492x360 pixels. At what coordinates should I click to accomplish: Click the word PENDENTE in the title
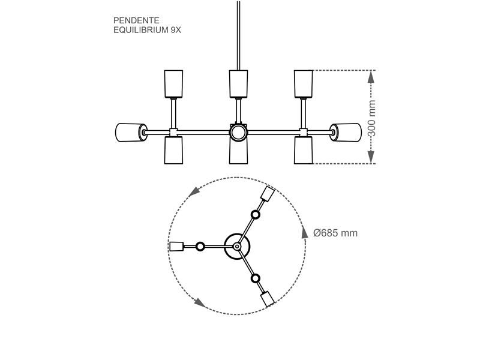point(136,20)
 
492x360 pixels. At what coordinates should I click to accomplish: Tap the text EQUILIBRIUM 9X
point(147,30)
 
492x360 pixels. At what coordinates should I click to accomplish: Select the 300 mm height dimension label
point(371,118)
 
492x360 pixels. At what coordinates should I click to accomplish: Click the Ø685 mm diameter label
point(335,233)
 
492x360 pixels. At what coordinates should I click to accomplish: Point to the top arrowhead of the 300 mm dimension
point(371,76)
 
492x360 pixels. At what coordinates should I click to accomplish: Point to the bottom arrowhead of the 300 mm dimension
point(371,157)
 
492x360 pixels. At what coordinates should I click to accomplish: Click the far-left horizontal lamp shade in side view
point(131,133)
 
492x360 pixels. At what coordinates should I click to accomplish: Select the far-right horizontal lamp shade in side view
point(346,133)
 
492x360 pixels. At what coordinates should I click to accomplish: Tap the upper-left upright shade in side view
point(173,84)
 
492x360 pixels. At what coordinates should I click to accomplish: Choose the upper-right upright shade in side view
point(303,84)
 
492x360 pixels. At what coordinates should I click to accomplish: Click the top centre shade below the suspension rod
point(238,84)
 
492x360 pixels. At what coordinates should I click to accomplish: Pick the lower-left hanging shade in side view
point(173,150)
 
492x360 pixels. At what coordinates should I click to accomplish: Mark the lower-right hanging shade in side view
point(303,150)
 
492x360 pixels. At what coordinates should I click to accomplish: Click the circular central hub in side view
point(238,133)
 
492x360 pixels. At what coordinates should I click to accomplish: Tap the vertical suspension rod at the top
point(238,35)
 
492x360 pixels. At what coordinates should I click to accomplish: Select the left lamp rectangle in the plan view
point(176,247)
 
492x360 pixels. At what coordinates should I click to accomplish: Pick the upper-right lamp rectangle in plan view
point(268,194)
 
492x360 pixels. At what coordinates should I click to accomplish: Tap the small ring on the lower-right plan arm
point(256,279)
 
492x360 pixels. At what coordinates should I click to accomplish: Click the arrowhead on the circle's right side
point(304,233)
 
